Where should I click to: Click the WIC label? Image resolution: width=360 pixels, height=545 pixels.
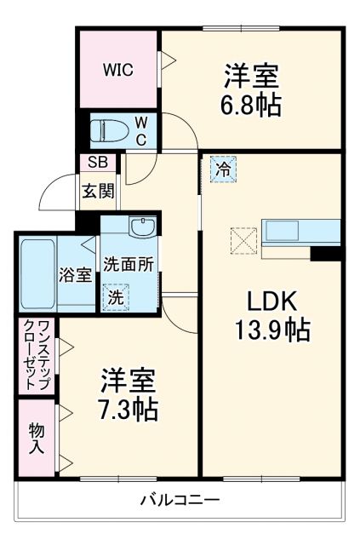click(118, 70)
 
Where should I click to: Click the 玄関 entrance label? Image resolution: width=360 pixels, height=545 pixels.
click(98, 191)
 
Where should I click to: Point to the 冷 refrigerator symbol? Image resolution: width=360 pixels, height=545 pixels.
click(223, 169)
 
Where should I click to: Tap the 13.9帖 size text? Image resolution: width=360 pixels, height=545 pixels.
click(272, 330)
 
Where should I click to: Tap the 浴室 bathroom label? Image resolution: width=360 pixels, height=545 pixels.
click(75, 275)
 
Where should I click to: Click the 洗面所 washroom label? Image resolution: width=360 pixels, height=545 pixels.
click(129, 264)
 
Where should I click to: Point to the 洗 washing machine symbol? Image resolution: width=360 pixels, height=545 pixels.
click(115, 297)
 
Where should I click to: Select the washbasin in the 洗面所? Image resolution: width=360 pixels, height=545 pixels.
click(141, 227)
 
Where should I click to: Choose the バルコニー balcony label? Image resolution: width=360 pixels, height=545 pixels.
click(180, 501)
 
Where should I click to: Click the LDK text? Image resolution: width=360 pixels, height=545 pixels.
click(272, 301)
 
